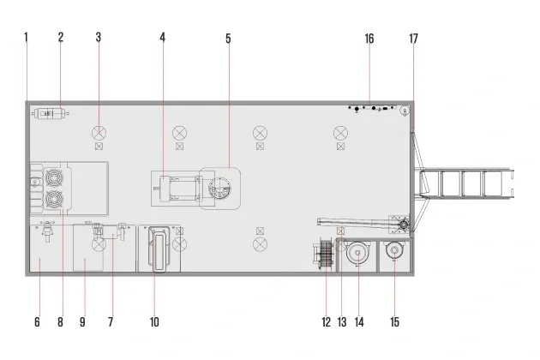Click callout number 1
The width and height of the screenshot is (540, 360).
(26, 37)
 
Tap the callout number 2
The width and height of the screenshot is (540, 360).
(61, 37)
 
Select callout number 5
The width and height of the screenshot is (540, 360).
(228, 39)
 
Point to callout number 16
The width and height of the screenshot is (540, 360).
(369, 39)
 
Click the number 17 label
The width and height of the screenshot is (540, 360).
(413, 39)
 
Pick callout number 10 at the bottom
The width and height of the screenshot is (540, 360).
(154, 322)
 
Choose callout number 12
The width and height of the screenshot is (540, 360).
(326, 322)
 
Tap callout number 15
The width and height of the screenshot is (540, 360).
(394, 322)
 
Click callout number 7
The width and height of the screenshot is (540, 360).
(111, 322)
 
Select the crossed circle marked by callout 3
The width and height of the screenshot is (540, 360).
(99, 133)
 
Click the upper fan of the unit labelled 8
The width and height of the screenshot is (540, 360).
(54, 177)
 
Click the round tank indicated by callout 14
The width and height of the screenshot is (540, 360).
(357, 253)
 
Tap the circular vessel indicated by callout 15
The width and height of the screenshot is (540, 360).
(394, 250)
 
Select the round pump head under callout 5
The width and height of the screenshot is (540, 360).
(220, 188)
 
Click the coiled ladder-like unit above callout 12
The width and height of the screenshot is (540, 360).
(324, 255)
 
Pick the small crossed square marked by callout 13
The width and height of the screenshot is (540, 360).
(340, 231)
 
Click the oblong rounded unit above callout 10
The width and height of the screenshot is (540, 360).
(159, 249)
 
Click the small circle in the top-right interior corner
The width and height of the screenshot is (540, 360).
(405, 111)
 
